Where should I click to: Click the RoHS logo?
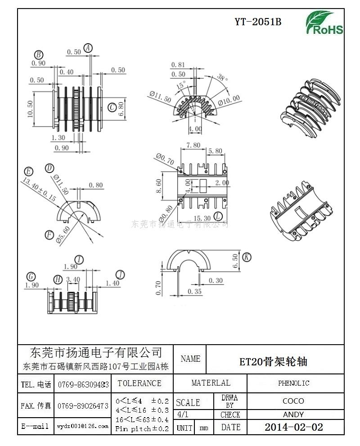(324, 23)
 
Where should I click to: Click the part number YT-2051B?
(258, 22)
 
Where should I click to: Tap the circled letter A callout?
(88, 48)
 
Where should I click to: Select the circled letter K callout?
(246, 257)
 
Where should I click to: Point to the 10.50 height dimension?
(30, 108)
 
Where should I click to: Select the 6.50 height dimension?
(234, 260)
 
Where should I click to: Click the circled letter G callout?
(31, 276)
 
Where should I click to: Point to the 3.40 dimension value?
(73, 279)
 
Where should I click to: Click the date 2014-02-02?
(293, 427)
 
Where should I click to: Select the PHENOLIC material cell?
(293, 383)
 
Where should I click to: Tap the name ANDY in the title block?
(293, 414)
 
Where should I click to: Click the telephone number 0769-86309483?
(83, 384)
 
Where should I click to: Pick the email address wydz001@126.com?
(83, 426)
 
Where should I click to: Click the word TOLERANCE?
(139, 383)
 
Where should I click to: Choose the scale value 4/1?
(184, 414)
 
